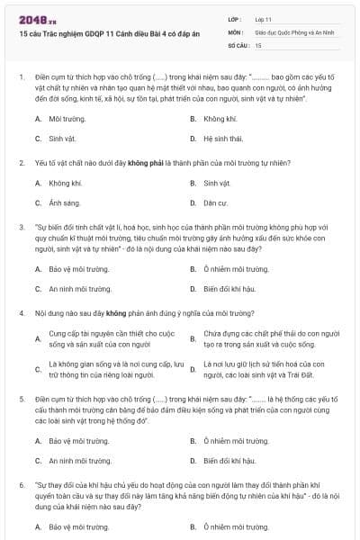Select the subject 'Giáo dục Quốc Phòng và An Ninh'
pos(287,31)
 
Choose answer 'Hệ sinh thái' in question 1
pos(223,139)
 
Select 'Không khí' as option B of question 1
pos(220,119)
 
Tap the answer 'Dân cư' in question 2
pos(217,202)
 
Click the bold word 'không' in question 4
pos(114,313)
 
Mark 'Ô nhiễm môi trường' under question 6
pos(236,526)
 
